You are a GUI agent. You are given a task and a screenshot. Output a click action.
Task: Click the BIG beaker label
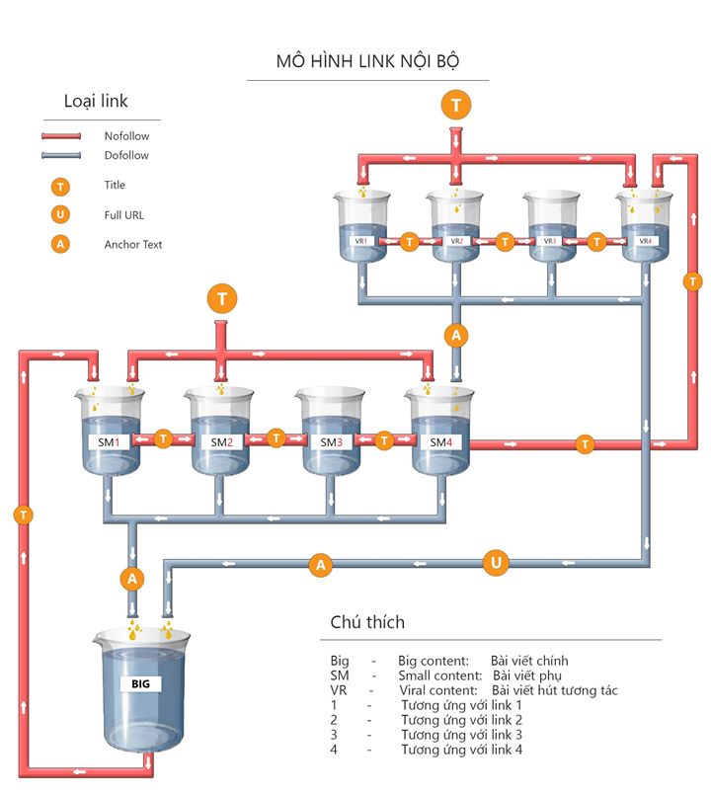pyautogui.click(x=140, y=682)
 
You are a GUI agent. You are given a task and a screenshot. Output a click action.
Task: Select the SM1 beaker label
pyautogui.click(x=109, y=441)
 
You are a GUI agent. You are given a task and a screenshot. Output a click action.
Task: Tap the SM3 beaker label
pyautogui.click(x=331, y=441)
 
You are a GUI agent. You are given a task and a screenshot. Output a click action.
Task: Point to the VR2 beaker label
pyautogui.click(x=456, y=241)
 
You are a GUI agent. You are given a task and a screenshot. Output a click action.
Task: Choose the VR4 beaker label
pyautogui.click(x=645, y=241)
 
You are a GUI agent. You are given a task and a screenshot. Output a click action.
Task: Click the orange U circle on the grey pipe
pyautogui.click(x=496, y=564)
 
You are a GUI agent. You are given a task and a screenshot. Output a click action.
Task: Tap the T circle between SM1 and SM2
pyautogui.click(x=164, y=437)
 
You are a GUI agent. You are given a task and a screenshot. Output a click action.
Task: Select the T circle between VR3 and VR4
pyautogui.click(x=596, y=241)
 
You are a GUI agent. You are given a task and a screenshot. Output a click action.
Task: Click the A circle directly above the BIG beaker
pyautogui.click(x=131, y=577)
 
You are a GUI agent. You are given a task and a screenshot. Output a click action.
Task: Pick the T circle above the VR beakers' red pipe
pyautogui.click(x=455, y=104)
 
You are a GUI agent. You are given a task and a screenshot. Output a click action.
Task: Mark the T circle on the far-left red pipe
pyautogui.click(x=23, y=514)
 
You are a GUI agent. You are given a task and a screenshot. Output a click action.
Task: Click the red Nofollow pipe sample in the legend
pyautogui.click(x=61, y=136)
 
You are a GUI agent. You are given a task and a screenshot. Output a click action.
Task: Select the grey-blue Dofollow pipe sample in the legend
pyautogui.click(x=61, y=156)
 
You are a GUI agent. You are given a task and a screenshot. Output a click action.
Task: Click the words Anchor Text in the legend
pyautogui.click(x=133, y=244)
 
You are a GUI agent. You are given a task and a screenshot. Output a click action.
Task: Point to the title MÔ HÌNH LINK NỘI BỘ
pyautogui.click(x=367, y=61)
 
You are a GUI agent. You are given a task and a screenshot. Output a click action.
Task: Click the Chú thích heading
pyautogui.click(x=367, y=622)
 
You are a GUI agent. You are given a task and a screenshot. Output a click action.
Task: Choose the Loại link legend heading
pyautogui.click(x=96, y=101)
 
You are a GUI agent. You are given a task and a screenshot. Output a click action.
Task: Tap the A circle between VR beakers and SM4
pyautogui.click(x=455, y=336)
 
